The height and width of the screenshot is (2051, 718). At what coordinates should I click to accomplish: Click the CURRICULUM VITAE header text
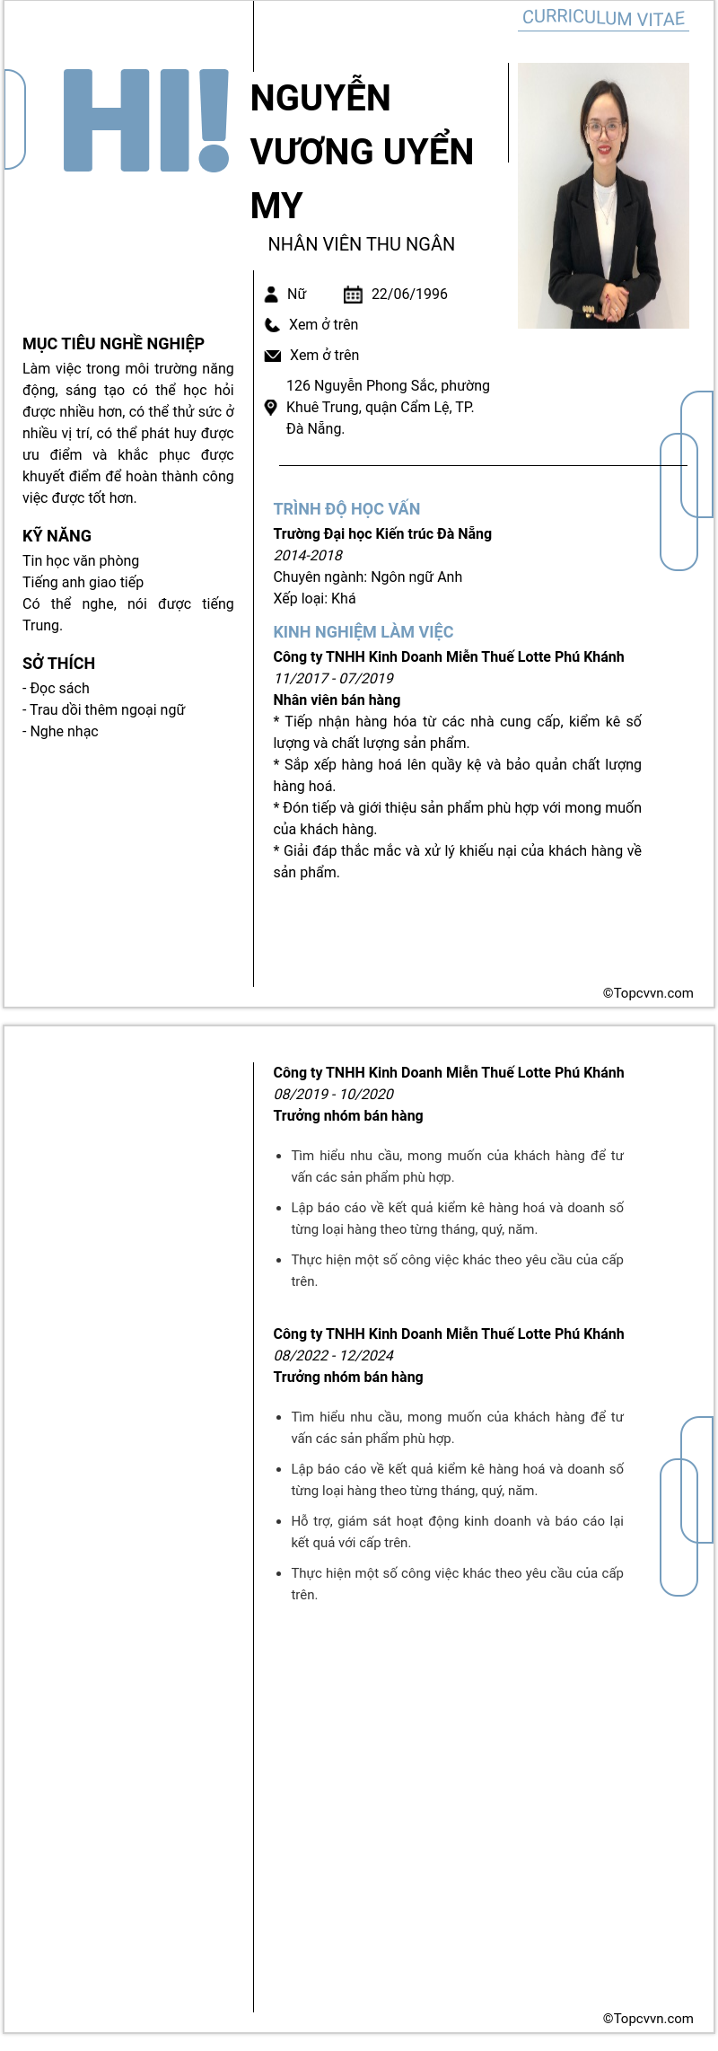click(x=603, y=18)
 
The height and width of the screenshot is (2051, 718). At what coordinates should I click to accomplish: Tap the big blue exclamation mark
click(x=214, y=119)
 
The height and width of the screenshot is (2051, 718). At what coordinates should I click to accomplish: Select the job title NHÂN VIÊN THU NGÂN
click(x=361, y=244)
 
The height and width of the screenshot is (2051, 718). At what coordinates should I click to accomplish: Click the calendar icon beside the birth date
click(x=353, y=295)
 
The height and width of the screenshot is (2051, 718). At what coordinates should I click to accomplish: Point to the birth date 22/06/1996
click(x=409, y=295)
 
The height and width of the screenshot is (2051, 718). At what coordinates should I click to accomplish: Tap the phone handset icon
click(x=272, y=325)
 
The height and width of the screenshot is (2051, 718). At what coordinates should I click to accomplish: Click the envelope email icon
click(x=273, y=356)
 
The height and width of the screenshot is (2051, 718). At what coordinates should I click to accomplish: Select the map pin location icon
click(x=271, y=408)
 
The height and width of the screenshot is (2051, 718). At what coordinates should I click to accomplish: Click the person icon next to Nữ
click(x=271, y=295)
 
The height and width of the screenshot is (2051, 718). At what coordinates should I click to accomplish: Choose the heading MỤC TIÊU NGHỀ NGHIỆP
click(x=113, y=344)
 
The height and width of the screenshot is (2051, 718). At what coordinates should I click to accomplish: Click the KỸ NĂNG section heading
click(x=57, y=536)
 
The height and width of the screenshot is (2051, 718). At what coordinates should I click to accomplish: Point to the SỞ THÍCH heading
click(x=58, y=664)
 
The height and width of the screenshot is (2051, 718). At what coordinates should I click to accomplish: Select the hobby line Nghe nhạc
click(x=63, y=732)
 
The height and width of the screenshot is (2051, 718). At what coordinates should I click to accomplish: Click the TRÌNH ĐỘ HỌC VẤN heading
click(x=346, y=509)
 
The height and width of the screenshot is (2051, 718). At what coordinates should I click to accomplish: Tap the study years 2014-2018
click(x=308, y=556)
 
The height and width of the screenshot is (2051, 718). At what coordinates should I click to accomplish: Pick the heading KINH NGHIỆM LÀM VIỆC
click(x=363, y=632)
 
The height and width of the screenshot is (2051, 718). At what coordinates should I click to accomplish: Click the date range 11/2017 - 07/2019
click(x=333, y=679)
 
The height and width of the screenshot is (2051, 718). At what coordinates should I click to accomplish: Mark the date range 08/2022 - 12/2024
click(x=333, y=1356)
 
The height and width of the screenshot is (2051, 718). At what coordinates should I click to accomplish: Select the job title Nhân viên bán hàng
click(x=337, y=700)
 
